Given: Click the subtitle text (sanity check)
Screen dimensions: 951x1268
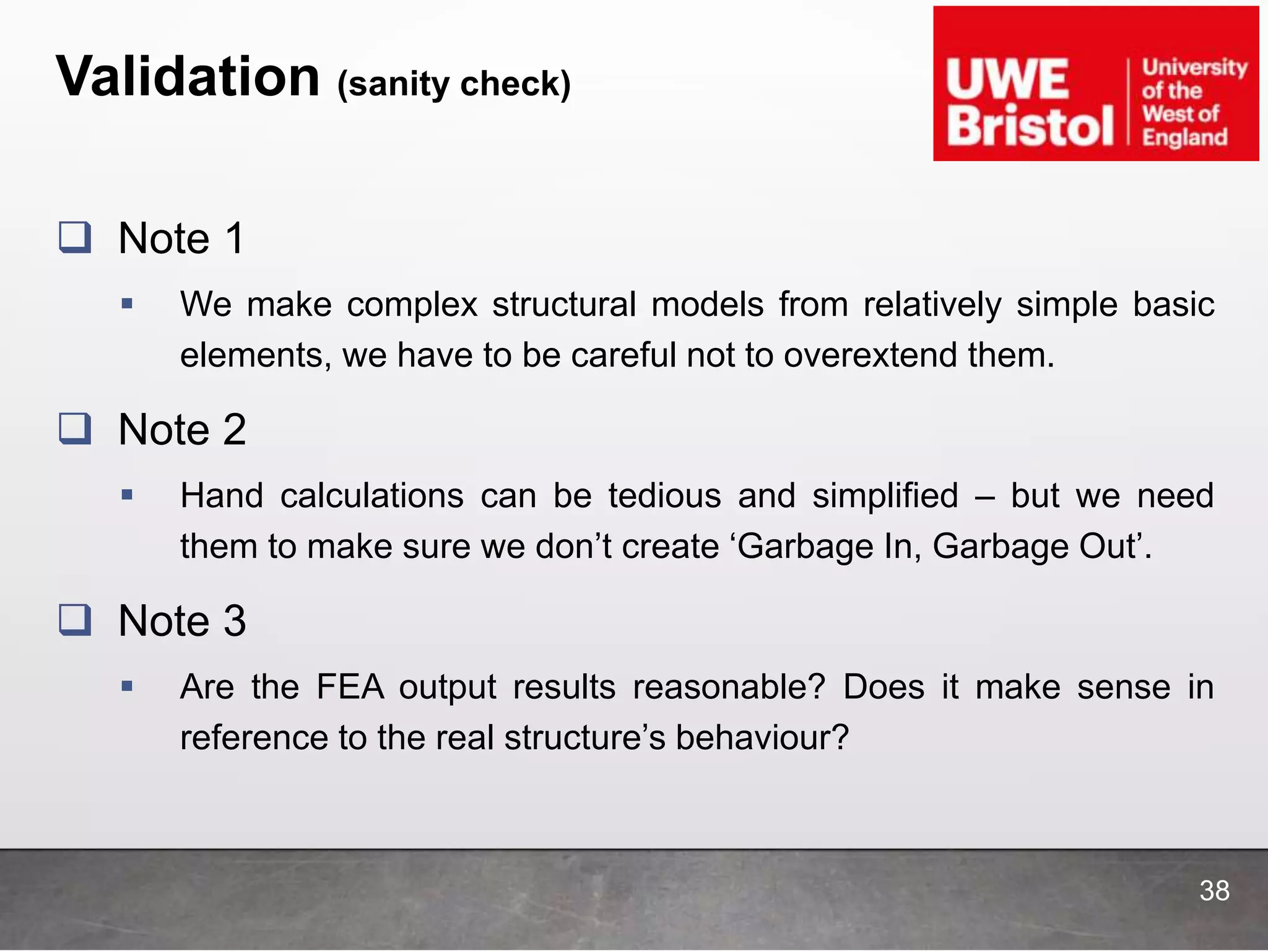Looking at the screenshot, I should pyautogui.click(x=454, y=84).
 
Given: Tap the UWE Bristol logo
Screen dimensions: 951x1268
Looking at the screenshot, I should pyautogui.click(x=1095, y=84).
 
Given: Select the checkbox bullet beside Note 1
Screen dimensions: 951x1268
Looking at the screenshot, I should pyautogui.click(x=75, y=238).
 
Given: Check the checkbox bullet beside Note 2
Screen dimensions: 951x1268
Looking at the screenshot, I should pyautogui.click(x=75, y=428).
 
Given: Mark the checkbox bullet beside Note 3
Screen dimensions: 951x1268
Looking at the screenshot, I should pyautogui.click(x=75, y=620).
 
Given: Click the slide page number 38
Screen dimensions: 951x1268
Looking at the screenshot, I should pyautogui.click(x=1214, y=891).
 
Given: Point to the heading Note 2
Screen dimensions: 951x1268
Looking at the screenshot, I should pyautogui.click(x=182, y=429).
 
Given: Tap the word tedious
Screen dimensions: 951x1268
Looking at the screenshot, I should pyautogui.click(x=664, y=496).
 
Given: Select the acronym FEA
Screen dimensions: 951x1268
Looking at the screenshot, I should pyautogui.click(x=350, y=687).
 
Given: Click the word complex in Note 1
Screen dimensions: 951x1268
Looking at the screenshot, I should pyautogui.click(x=412, y=305).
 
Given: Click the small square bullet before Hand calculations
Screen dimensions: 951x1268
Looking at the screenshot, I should pyautogui.click(x=128, y=495).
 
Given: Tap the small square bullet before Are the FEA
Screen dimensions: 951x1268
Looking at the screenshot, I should pyautogui.click(x=128, y=686).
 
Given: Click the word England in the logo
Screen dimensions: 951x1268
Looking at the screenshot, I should pyautogui.click(x=1184, y=137).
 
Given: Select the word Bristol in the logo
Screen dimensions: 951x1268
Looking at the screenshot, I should pyautogui.click(x=1030, y=126).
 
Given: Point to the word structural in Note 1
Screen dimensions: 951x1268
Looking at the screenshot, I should pyautogui.click(x=564, y=305).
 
